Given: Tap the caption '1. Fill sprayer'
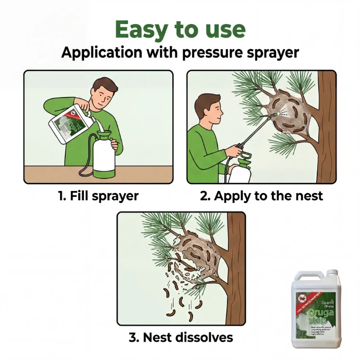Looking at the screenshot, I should (98, 196).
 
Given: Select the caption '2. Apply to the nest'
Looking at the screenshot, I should (261, 196).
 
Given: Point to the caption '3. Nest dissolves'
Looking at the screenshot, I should (181, 337).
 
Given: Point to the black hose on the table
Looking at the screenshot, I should (83, 170).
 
